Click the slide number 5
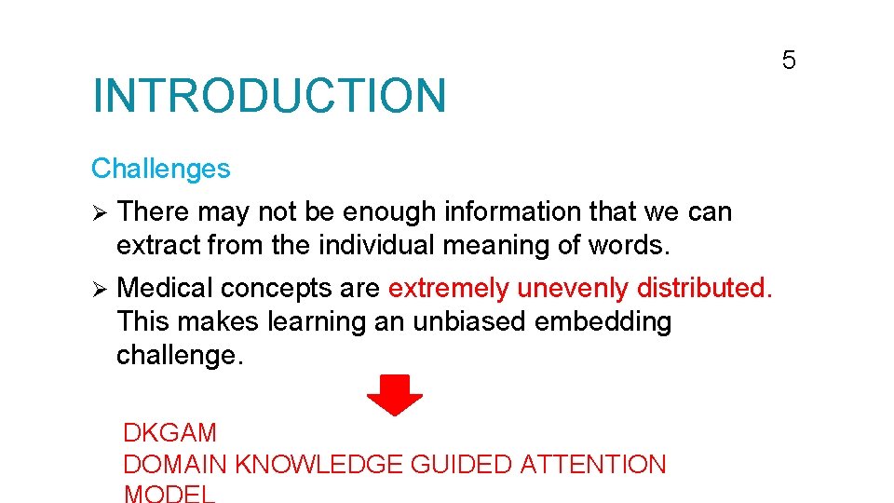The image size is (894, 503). [789, 61]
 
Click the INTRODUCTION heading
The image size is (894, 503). [269, 96]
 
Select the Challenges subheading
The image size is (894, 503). [160, 169]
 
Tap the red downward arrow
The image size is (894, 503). [395, 395]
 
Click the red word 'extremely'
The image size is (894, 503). [449, 289]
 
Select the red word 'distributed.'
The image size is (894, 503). [705, 288]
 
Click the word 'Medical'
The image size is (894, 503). [166, 288]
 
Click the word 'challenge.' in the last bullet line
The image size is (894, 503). [180, 356]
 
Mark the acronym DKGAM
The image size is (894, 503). [169, 433]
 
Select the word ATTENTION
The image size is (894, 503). [593, 464]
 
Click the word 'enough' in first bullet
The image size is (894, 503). [389, 212]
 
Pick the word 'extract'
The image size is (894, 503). [158, 246]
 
